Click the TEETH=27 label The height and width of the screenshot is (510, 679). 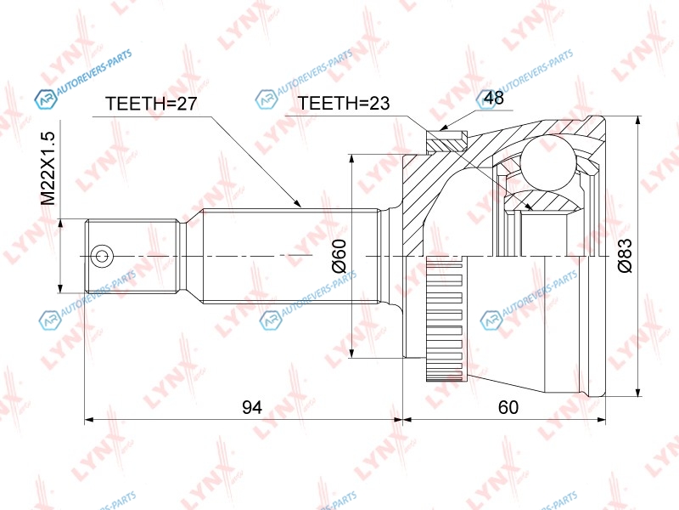click(151, 103)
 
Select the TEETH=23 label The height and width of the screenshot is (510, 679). click(344, 103)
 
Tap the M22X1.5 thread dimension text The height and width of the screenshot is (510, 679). click(48, 168)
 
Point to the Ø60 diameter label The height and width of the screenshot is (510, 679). click(339, 256)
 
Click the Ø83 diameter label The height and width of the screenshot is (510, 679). click(625, 256)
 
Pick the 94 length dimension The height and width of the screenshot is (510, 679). click(251, 407)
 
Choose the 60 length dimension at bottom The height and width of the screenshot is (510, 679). click(508, 407)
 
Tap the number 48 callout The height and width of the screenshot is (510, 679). click(494, 98)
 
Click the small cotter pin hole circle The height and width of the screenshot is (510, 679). click(102, 256)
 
